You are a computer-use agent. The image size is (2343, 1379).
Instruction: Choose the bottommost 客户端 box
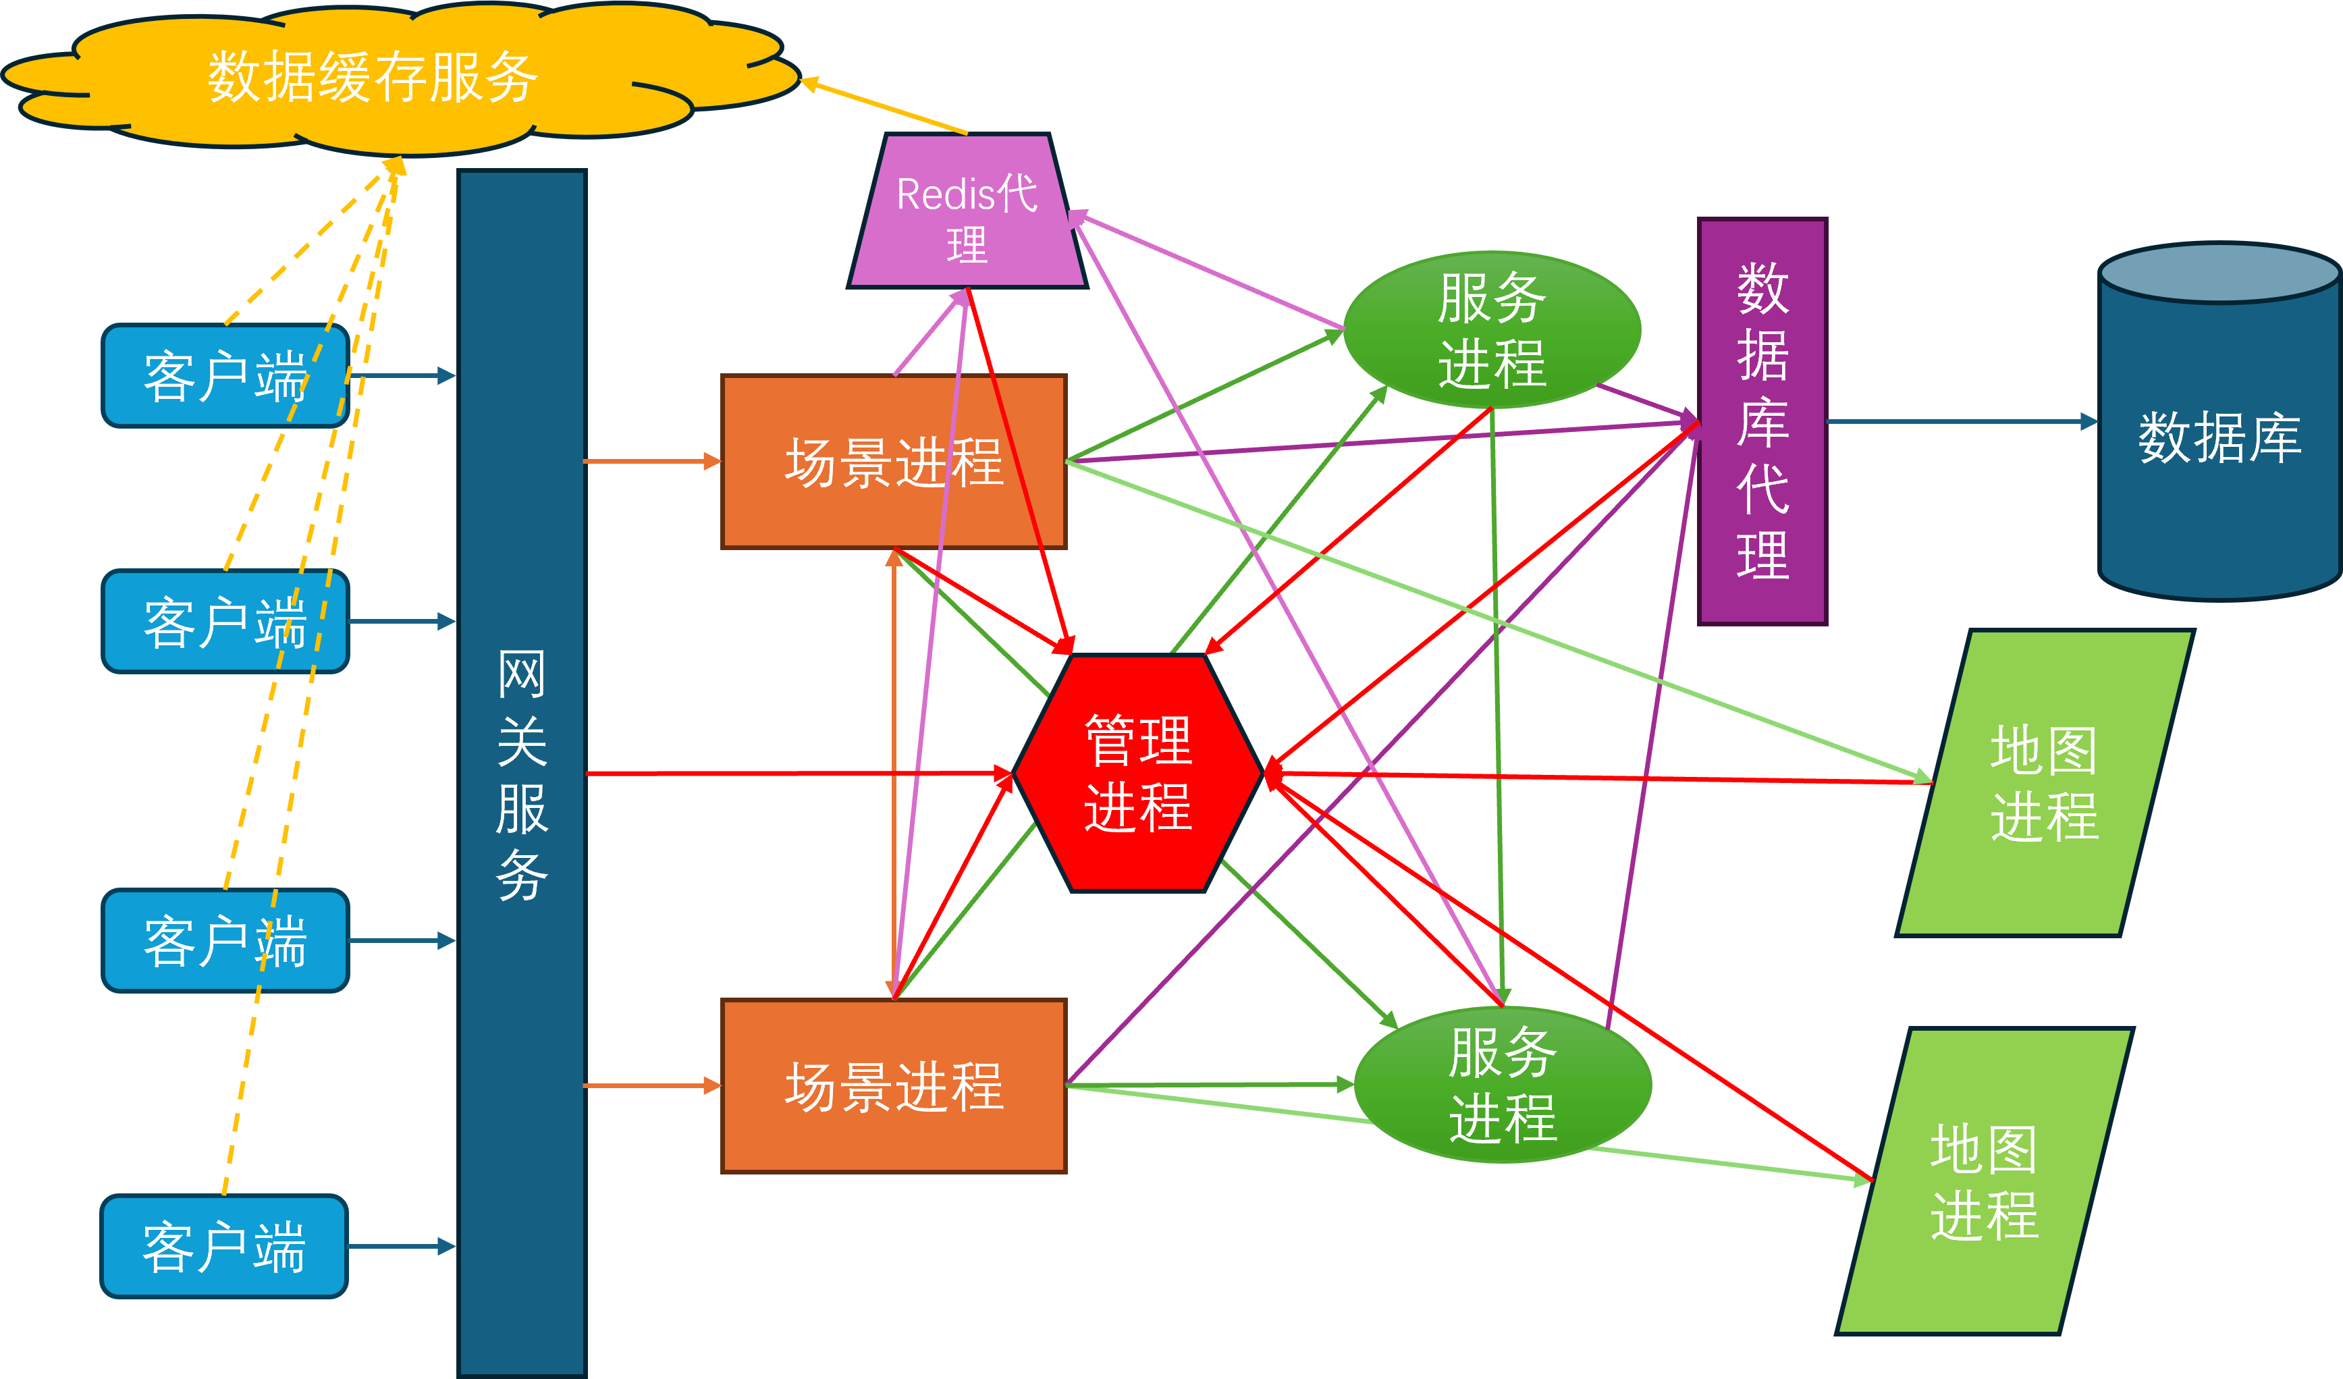[x=223, y=1246]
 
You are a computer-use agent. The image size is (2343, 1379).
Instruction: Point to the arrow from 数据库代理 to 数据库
[x=1962, y=422]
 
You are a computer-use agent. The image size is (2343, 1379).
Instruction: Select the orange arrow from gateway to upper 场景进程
[x=651, y=461]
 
